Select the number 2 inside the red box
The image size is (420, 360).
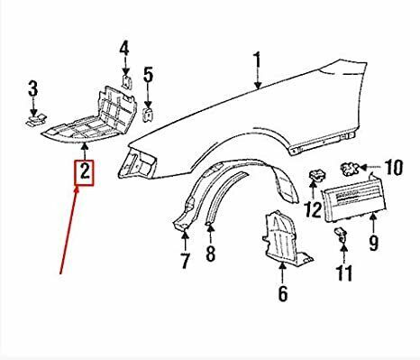click(x=85, y=172)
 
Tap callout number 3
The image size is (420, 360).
click(x=33, y=88)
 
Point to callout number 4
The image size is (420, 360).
click(x=124, y=49)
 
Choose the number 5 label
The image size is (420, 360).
click(x=148, y=75)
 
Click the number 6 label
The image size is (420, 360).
click(x=283, y=293)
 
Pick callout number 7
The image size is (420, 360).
click(x=185, y=261)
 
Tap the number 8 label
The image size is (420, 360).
click(x=211, y=254)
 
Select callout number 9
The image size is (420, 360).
click(x=373, y=243)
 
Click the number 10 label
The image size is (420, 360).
click(x=394, y=167)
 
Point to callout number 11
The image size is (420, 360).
click(x=344, y=273)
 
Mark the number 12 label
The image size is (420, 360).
click(x=313, y=209)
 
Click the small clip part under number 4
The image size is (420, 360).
click(x=127, y=82)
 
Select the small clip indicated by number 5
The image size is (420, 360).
click(x=148, y=115)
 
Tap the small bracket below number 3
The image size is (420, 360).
click(x=37, y=120)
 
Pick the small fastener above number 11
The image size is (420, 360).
click(x=340, y=234)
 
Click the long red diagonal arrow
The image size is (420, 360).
click(x=69, y=230)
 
